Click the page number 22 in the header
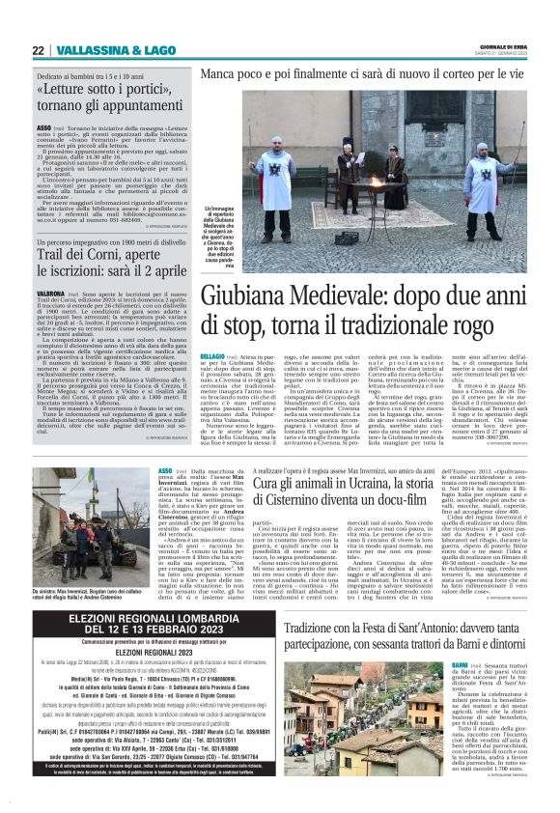pyautogui.click(x=38, y=50)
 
